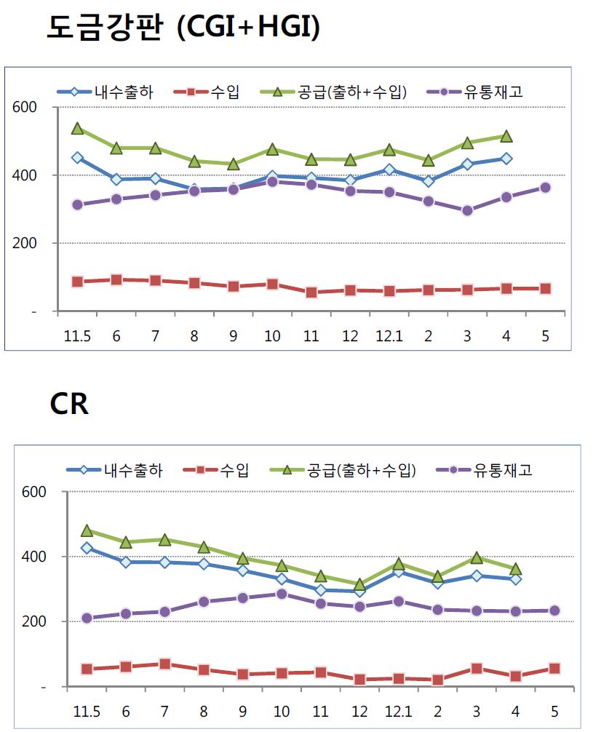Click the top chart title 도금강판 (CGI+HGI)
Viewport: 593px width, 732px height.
point(183,28)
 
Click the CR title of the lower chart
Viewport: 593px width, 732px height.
point(69,404)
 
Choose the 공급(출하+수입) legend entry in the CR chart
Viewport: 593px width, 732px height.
point(361,470)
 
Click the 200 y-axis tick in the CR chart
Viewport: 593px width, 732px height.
point(35,622)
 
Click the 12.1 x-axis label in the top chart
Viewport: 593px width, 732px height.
point(389,337)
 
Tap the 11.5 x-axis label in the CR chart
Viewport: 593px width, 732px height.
point(87,709)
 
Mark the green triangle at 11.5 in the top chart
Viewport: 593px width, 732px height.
point(78,129)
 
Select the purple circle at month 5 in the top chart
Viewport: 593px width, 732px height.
point(546,188)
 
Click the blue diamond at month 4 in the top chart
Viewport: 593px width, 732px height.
point(506,159)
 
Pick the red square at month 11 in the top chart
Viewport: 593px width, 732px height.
point(311,293)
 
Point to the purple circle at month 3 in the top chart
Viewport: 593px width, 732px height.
point(467,211)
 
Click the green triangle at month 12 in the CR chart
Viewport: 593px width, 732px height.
point(359,584)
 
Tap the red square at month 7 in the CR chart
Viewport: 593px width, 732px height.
point(164,664)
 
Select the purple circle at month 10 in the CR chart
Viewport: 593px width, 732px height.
point(282,594)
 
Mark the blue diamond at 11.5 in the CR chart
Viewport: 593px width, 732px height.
point(87,548)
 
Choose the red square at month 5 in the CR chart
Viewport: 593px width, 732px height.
point(554,668)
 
